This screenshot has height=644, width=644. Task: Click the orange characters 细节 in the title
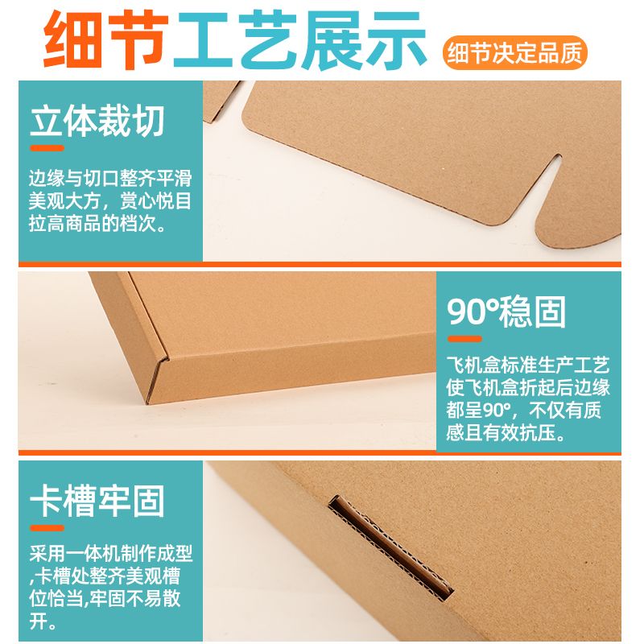coord(106,39)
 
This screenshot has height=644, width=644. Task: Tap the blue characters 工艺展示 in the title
coord(299,39)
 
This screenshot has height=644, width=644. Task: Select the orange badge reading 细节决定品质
coord(515,52)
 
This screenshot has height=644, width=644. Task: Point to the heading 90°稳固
coord(506,312)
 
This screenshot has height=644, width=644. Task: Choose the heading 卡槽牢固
coord(97,501)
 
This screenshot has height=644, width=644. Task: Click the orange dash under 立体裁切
coord(47,148)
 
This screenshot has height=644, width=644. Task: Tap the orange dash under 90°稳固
coord(464,339)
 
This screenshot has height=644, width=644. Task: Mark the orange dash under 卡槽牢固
coord(47,528)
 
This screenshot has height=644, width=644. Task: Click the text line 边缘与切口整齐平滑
coord(110,179)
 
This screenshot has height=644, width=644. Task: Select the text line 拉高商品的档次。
coord(97,224)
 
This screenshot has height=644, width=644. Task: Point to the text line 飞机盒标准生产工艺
coord(528,365)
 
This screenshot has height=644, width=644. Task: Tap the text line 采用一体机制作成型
coord(111,554)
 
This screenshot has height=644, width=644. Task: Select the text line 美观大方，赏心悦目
coord(110,201)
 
